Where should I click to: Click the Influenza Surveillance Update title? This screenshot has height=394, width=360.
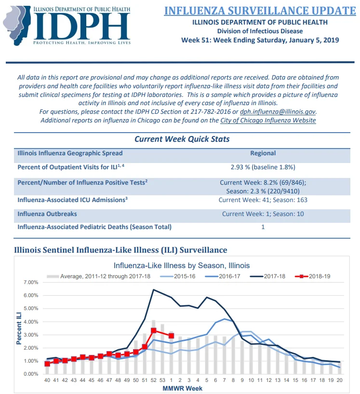(x=260, y=11)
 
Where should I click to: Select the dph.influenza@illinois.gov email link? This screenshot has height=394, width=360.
(x=278, y=111)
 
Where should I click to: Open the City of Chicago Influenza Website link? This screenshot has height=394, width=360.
(x=268, y=121)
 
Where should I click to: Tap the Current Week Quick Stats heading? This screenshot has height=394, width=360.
(x=182, y=139)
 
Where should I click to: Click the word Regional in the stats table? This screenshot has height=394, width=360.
(x=263, y=153)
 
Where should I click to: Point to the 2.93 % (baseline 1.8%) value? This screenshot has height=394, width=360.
(x=263, y=167)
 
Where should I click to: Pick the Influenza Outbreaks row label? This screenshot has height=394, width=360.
(x=47, y=214)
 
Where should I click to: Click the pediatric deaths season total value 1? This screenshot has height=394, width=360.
(x=263, y=227)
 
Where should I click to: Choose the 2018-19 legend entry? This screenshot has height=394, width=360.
(x=313, y=276)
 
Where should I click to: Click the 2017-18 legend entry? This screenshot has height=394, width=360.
(x=267, y=276)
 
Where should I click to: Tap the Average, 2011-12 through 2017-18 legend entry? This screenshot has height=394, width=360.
(x=98, y=276)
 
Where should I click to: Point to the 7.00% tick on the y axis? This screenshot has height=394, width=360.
(x=31, y=283)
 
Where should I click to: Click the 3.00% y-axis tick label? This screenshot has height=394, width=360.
(x=31, y=335)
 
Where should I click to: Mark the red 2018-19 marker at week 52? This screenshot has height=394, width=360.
(x=154, y=330)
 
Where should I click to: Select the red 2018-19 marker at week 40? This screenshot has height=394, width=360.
(x=47, y=364)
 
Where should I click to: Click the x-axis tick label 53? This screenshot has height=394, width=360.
(x=162, y=380)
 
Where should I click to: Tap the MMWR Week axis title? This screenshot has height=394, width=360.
(x=182, y=389)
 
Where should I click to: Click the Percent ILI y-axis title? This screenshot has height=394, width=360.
(x=19, y=328)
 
